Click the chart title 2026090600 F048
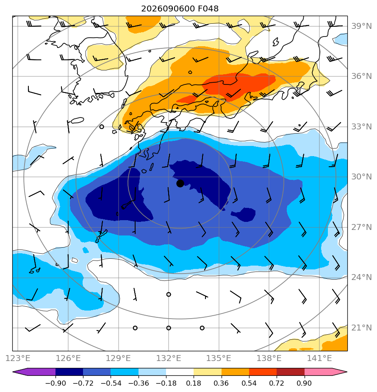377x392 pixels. coord(180,9)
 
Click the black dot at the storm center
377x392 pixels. coord(180,184)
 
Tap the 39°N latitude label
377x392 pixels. coord(361,26)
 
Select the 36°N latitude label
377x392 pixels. coord(361,76)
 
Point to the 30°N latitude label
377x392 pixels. coord(361,177)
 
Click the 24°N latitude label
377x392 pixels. coord(361,277)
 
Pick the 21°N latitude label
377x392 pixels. coord(361,328)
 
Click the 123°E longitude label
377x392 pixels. coord(18,358)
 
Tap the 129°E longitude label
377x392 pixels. coord(118,358)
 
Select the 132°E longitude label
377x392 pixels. coord(169,358)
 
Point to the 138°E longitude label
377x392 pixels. coord(269,358)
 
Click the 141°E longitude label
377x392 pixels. coord(319,358)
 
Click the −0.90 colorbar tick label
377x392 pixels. coord(55,383)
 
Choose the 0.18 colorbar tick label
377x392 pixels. coord(194,383)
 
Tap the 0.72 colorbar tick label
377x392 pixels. coord(277,383)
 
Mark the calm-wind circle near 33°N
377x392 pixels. coord(101,127)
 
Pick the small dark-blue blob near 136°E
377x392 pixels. coord(244,214)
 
